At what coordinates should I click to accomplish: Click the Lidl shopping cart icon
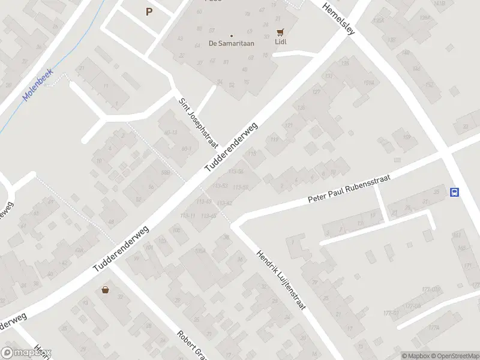tap(280, 32)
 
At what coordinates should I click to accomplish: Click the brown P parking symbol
tap(149, 11)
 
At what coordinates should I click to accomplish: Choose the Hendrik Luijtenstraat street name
tap(281, 280)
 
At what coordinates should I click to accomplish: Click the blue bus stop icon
tap(455, 193)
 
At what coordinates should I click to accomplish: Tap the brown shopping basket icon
tap(106, 290)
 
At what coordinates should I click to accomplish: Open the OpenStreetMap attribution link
tap(454, 356)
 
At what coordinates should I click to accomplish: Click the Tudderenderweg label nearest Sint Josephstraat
tap(231, 147)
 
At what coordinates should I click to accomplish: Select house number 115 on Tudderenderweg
tap(253, 154)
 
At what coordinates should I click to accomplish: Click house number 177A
tap(434, 328)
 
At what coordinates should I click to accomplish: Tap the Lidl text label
tap(280, 43)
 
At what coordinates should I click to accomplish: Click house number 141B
tap(439, 4)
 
